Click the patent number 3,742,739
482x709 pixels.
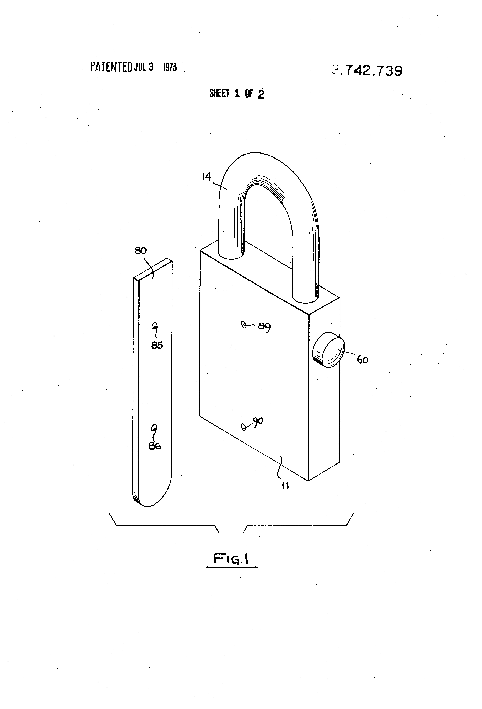click(x=367, y=71)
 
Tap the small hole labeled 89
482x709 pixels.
click(x=243, y=325)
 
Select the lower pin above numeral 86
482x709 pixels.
click(x=154, y=427)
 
